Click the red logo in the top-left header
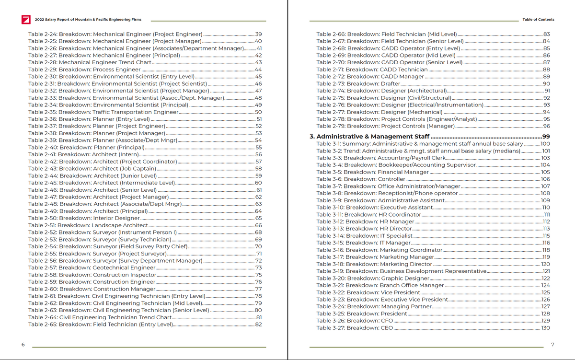(x=26, y=20)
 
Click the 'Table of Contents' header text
(x=538, y=20)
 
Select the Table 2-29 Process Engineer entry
(x=84, y=70)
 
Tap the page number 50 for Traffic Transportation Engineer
(x=258, y=112)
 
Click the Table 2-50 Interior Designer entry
(x=84, y=218)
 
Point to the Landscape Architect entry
(x=88, y=225)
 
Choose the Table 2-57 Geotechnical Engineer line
(x=92, y=267)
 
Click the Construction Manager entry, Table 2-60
(x=92, y=289)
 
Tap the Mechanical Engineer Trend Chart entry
(x=90, y=62)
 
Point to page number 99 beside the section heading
(x=545, y=137)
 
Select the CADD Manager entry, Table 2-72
(x=370, y=77)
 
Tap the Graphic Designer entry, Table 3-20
(x=373, y=278)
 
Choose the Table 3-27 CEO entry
(x=355, y=328)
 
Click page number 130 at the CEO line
(x=545, y=328)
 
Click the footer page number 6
(x=23, y=344)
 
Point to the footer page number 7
(x=552, y=344)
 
